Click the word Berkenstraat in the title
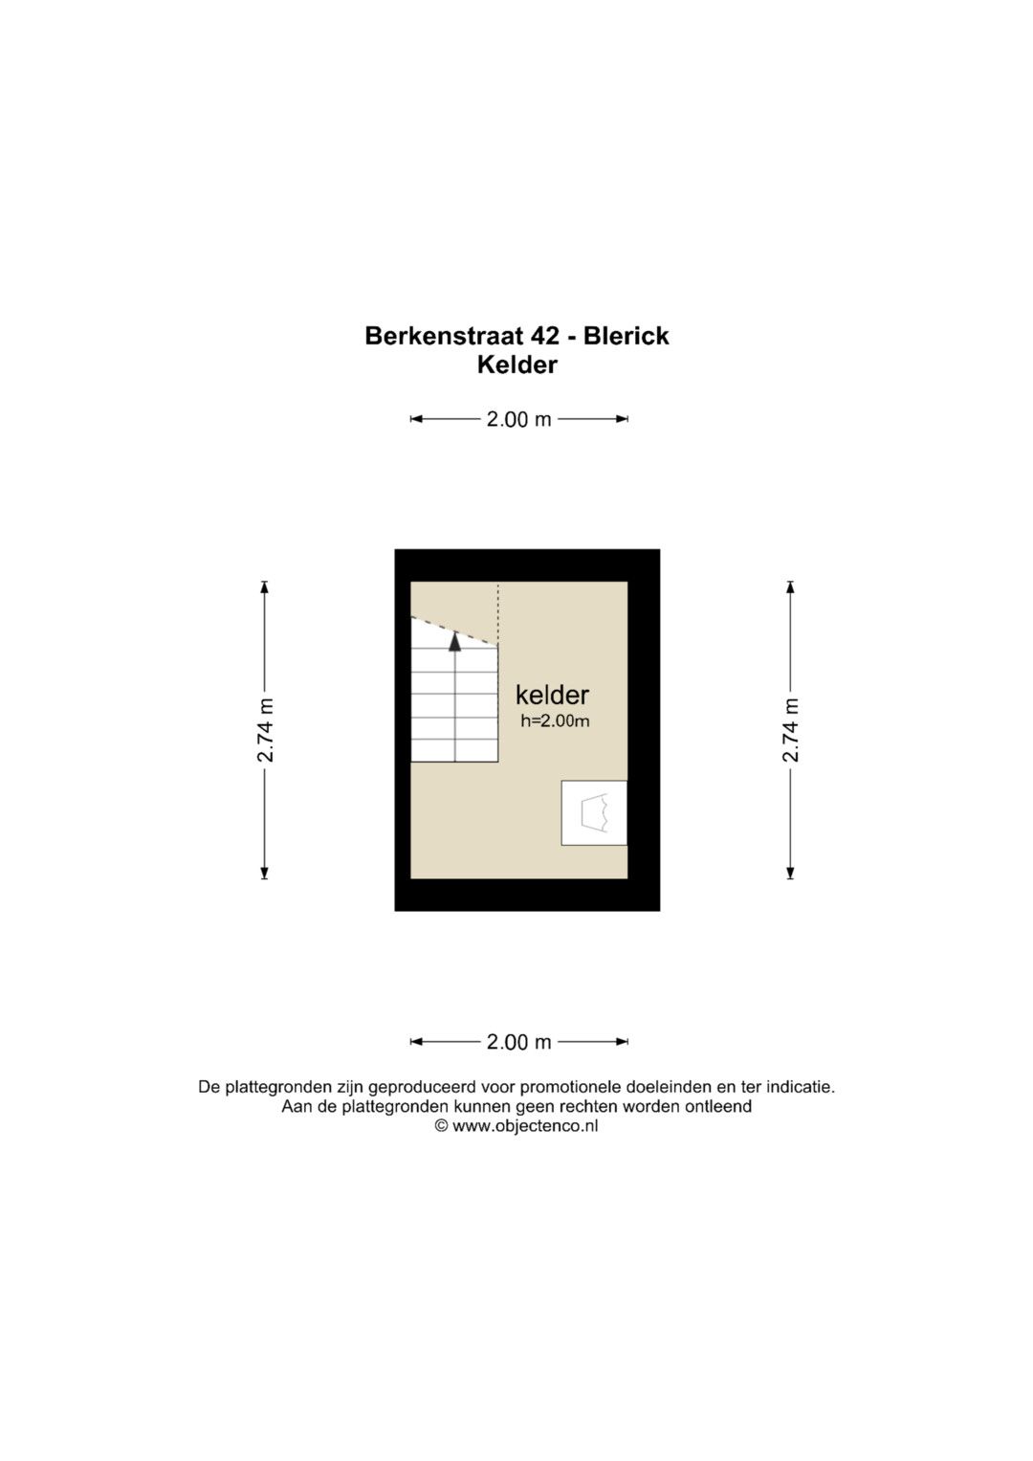click(x=444, y=336)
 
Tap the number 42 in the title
click(x=545, y=336)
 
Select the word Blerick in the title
click(x=626, y=336)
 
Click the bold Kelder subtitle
click(x=517, y=365)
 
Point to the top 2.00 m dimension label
click(x=519, y=419)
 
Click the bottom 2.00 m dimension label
click(x=519, y=1042)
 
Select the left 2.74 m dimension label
click(x=265, y=730)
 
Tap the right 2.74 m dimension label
click(x=790, y=730)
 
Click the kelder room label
click(x=553, y=695)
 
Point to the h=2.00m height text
click(x=555, y=720)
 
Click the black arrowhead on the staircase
click(x=454, y=642)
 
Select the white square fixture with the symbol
click(x=594, y=812)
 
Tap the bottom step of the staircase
click(x=454, y=751)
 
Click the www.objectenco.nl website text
click(x=525, y=1126)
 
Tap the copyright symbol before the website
click(x=442, y=1126)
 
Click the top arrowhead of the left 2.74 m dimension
click(x=265, y=587)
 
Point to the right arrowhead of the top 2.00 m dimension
click(x=622, y=419)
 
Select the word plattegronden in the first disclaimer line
click(x=277, y=1087)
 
